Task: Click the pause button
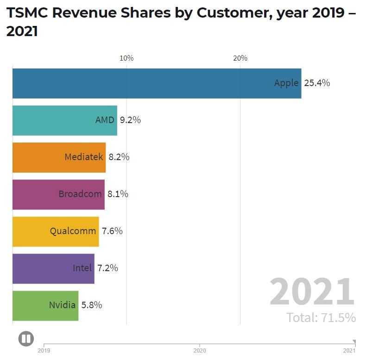(26, 339)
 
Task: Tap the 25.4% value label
(317, 83)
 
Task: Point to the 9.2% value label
(130, 120)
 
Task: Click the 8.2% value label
(119, 157)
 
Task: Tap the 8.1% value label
(118, 194)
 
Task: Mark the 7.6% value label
(112, 231)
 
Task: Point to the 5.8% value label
(92, 305)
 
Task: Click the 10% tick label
(126, 58)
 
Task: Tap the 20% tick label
(240, 58)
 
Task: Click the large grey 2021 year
(312, 292)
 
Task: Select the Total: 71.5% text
(321, 318)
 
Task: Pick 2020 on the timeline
(200, 351)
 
